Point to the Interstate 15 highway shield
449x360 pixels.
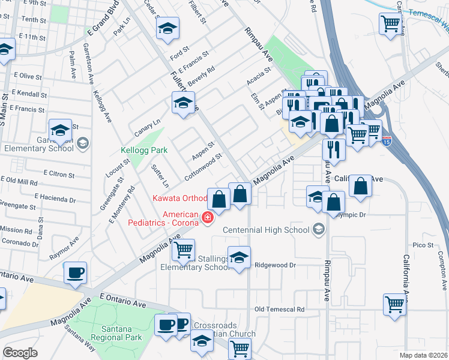pyautogui.click(x=387, y=141)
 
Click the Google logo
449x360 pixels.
pyautogui.click(x=20, y=353)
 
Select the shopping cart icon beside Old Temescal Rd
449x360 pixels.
pyautogui.click(x=395, y=304)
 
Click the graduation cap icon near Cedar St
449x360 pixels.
pyautogui.click(x=168, y=28)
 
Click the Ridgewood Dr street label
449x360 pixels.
pyautogui.click(x=276, y=265)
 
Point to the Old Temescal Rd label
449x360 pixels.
pyautogui.click(x=279, y=310)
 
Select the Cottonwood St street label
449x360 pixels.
pyautogui.click(x=204, y=163)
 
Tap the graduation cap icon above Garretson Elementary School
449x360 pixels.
pyautogui.click(x=61, y=129)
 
